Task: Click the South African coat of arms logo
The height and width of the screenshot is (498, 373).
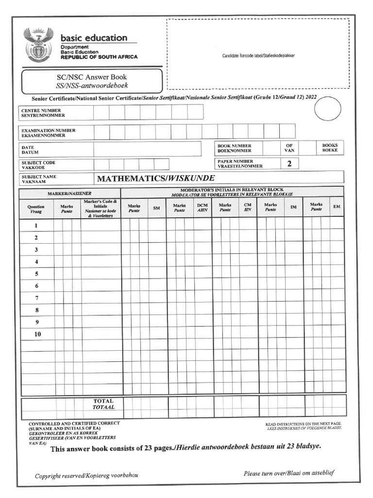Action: coord(39,44)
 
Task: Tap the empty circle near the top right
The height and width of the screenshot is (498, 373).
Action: coord(328,109)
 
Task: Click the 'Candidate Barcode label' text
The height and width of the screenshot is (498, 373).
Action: coord(258,56)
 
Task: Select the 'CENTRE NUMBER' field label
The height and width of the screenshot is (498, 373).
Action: coord(43,113)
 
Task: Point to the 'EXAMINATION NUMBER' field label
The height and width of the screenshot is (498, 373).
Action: coord(48,133)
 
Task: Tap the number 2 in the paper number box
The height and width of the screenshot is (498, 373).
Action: coord(289,164)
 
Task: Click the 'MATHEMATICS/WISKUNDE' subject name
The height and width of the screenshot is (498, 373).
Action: coord(155,178)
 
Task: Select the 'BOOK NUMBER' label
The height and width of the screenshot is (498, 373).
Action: coord(235,148)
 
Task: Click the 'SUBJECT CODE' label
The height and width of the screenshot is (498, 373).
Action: coord(38,165)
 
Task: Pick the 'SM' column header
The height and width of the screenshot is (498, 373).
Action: coord(156,208)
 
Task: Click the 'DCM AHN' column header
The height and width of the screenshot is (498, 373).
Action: coord(202,208)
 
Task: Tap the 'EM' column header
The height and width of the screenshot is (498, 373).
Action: coord(336,207)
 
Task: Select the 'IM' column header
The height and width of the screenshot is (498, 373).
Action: coord(293,207)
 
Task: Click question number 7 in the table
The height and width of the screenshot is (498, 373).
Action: coord(36,298)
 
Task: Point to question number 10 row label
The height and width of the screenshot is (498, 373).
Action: coord(37,334)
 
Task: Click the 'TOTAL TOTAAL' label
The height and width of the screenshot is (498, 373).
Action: coord(103,404)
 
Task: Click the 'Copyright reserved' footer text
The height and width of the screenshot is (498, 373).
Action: coord(86,476)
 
